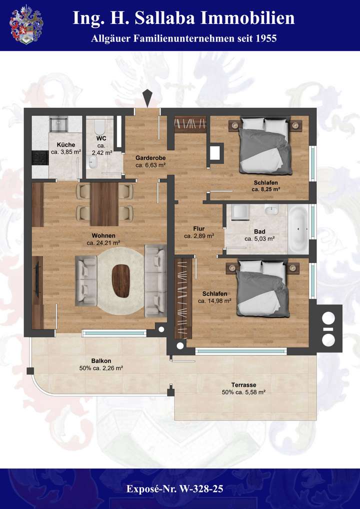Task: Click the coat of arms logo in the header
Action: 26,24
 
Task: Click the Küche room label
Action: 65,145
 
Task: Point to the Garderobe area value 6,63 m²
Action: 150,164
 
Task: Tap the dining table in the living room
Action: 104,203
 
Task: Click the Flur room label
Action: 198,228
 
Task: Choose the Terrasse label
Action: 243,384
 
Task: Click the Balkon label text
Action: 101,360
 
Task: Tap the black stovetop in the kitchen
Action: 39,157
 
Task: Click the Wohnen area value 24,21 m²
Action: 103,243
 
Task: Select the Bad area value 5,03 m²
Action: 259,239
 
